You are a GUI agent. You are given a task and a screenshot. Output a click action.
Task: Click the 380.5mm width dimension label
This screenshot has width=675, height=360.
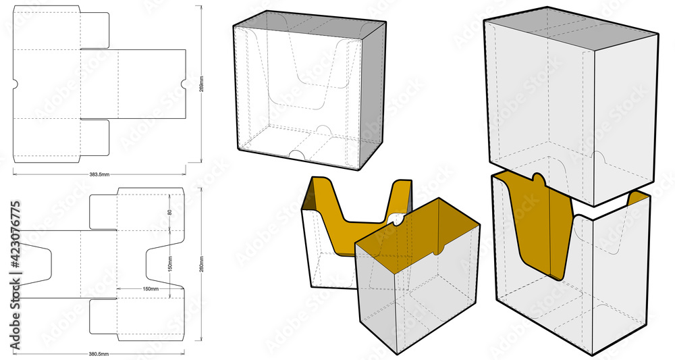(99, 353)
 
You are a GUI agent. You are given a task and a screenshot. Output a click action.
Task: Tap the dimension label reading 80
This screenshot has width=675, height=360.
(169, 213)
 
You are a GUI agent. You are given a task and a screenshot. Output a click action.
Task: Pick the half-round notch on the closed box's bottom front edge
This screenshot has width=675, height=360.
(296, 155)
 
